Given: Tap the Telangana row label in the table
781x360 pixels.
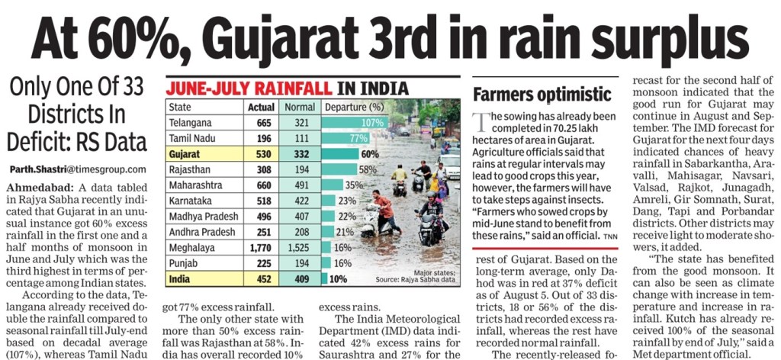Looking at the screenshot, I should (191, 122).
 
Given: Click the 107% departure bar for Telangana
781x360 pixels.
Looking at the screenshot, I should (355, 122).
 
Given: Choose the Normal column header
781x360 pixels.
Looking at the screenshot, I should (300, 107).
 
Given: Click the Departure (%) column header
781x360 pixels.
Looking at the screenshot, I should (354, 107).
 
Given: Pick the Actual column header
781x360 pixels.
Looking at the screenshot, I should (261, 107).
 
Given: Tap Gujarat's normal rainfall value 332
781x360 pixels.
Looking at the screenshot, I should (300, 153).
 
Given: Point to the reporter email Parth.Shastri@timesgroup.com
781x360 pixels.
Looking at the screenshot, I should (78, 169).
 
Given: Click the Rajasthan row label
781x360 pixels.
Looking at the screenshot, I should (189, 169).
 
